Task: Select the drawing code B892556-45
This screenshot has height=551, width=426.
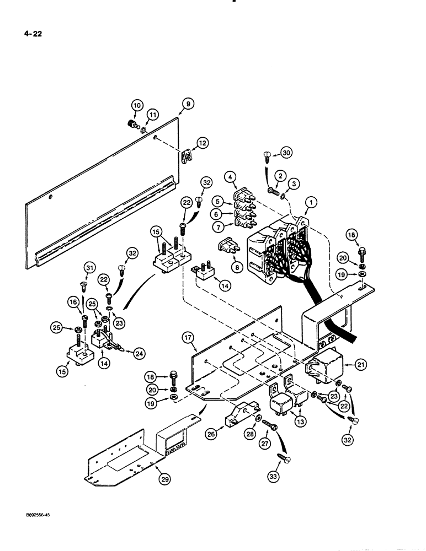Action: [x=34, y=513]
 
